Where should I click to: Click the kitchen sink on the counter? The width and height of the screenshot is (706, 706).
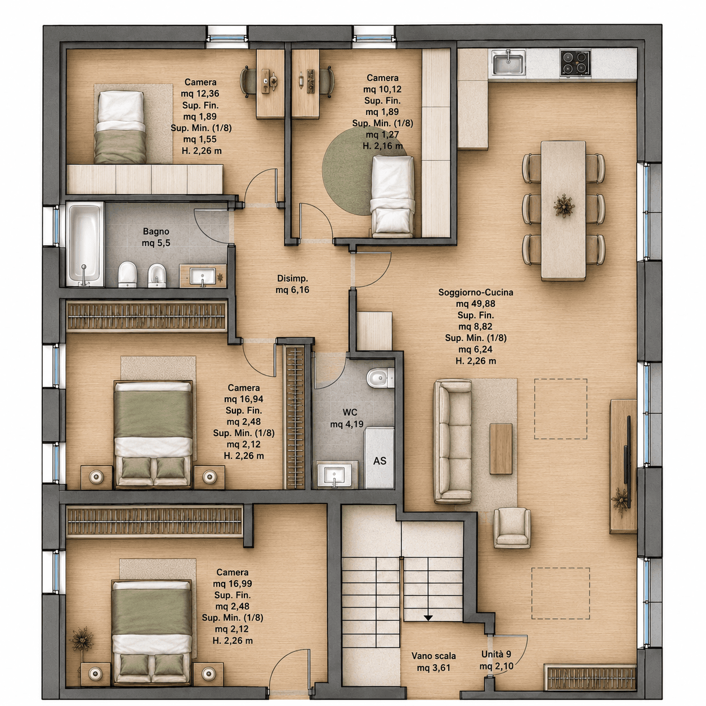click(508, 62)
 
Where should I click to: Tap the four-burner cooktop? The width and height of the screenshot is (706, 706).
click(575, 64)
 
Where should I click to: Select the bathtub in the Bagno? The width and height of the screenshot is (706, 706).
click(85, 244)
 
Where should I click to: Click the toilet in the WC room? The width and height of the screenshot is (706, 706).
click(380, 378)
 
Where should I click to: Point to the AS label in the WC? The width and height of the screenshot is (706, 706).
click(379, 461)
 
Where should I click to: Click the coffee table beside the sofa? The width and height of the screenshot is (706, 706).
click(501, 449)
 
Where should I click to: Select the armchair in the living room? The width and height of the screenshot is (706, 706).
click(512, 528)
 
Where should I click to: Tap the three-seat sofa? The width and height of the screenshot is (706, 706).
click(453, 441)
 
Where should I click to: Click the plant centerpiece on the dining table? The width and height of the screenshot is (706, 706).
click(564, 205)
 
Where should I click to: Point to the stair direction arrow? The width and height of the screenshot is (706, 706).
click(428, 618)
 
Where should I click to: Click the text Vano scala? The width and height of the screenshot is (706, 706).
click(434, 656)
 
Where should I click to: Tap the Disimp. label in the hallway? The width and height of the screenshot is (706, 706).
click(292, 279)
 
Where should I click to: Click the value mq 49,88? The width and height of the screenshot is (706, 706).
click(476, 303)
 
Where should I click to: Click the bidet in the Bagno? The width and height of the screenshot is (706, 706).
click(157, 275)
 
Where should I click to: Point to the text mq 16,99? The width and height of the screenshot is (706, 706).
click(233, 583)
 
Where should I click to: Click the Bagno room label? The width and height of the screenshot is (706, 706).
click(156, 231)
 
